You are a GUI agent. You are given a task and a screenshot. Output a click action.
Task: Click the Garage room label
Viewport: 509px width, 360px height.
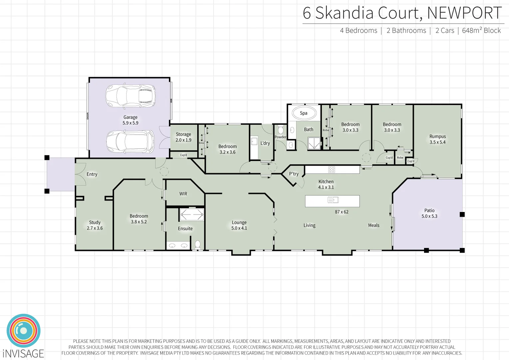coord(130,120)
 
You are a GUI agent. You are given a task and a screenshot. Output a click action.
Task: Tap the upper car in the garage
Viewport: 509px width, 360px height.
coord(130,96)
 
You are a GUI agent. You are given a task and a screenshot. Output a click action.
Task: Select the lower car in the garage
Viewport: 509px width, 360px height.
coord(130,141)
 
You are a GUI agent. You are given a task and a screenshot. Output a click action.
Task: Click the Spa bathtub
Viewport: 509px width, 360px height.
coord(303,113)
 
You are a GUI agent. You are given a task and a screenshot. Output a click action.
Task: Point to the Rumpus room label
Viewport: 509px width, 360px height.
coord(437,139)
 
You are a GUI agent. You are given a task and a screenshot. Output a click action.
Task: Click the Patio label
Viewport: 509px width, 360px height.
coord(429,213)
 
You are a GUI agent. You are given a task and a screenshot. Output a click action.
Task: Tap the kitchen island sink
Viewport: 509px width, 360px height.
coord(333,200)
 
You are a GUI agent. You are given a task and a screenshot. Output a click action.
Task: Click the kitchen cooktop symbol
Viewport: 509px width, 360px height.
coord(331,170)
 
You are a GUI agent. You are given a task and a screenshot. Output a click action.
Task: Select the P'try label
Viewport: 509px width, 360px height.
coord(293,174)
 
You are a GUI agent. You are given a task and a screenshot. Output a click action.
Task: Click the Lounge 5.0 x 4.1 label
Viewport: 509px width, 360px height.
coord(239,225)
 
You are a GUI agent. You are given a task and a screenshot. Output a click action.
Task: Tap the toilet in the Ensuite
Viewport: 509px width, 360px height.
coord(198,245)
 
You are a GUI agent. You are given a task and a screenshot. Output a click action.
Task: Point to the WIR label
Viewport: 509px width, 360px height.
coord(183,194)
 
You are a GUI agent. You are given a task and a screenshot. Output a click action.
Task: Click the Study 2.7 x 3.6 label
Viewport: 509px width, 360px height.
coord(95,225)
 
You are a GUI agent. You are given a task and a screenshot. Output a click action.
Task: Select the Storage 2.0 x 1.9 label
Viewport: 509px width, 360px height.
coord(183,137)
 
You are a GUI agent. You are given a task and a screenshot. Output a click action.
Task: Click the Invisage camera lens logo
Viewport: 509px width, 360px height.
coord(23,331)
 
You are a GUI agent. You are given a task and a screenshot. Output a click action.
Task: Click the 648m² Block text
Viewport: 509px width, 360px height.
coord(481,30)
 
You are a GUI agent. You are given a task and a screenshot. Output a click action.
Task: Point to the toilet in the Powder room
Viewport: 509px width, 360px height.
coord(280,129)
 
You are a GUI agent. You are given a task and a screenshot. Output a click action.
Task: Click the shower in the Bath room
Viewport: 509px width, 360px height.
coord(314,143)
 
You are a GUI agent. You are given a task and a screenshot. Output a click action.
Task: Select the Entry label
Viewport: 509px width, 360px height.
coord(92,174)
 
